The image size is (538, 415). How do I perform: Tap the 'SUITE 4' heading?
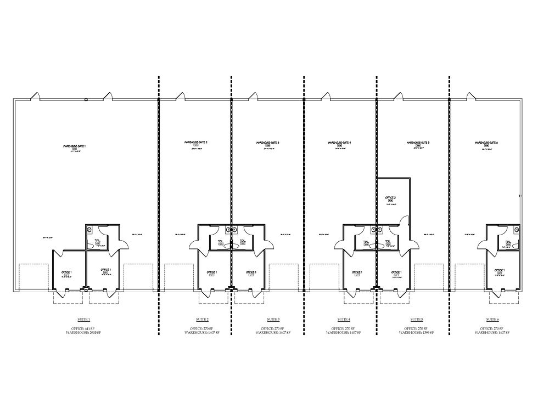tap(344, 319)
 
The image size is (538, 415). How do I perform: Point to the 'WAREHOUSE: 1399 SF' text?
tap(416, 332)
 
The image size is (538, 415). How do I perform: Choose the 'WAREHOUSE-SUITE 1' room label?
tap(75, 146)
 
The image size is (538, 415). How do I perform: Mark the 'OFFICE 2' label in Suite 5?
tap(391, 197)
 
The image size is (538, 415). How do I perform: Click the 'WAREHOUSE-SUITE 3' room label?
tap(268, 143)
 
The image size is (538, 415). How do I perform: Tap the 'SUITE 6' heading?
tap(492, 319)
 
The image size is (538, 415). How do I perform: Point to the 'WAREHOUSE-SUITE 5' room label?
tap(418, 143)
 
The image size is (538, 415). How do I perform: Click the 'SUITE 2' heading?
tap(202, 319)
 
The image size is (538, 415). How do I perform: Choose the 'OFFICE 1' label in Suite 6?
tap(500, 270)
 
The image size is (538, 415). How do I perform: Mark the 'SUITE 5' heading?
tap(416, 319)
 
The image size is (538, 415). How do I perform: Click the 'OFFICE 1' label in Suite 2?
tap(211, 272)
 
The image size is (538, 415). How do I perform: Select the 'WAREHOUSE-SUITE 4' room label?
tap(340, 143)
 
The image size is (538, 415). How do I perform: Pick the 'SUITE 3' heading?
tap(273, 319)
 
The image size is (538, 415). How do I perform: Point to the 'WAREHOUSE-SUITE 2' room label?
tap(196, 143)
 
